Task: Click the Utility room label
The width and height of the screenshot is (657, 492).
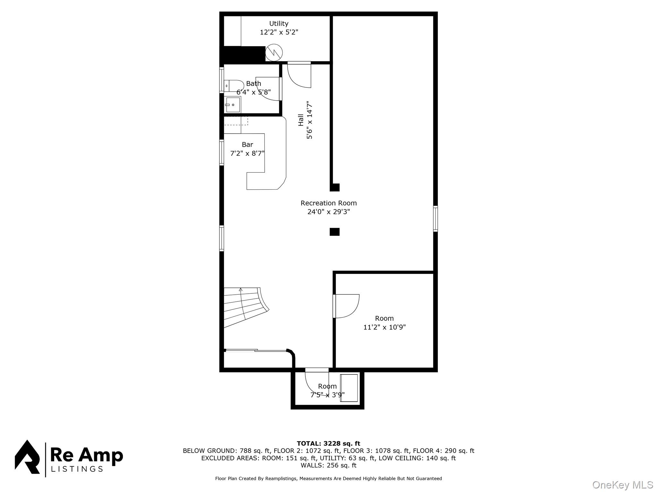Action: click(x=278, y=23)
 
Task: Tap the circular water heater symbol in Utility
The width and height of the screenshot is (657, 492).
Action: click(x=274, y=52)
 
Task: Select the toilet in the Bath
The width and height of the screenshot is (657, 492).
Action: click(x=234, y=86)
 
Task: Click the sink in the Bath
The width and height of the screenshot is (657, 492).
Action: click(x=233, y=105)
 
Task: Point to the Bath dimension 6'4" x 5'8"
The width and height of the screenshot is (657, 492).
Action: click(x=253, y=92)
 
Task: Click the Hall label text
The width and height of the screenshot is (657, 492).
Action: click(x=301, y=120)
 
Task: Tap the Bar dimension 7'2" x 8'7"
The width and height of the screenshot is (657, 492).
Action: click(x=247, y=153)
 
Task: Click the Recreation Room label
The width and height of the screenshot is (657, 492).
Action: click(x=328, y=203)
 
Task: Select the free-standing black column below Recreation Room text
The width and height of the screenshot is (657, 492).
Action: click(x=335, y=232)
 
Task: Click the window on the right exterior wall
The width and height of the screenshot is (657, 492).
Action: click(x=435, y=218)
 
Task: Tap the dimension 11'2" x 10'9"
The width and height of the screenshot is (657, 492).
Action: click(x=384, y=327)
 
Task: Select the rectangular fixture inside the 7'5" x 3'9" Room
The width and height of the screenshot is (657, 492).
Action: click(x=349, y=388)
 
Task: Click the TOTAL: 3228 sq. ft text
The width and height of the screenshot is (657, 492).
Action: click(x=328, y=443)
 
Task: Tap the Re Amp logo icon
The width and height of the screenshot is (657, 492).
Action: click(x=27, y=457)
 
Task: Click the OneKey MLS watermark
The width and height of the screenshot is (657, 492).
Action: click(x=622, y=485)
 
